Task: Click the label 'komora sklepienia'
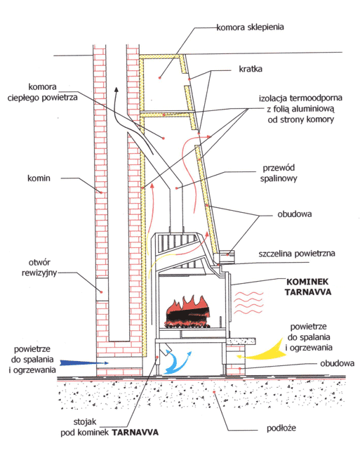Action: click(250, 27)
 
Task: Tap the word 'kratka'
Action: click(251, 69)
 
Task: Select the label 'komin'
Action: click(39, 178)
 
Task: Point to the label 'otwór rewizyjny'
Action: click(39, 268)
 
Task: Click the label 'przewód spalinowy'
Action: click(279, 173)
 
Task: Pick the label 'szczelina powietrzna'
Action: click(297, 254)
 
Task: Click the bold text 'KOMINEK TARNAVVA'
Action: click(308, 287)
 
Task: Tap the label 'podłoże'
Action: click(281, 429)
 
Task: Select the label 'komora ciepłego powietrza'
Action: click(43, 92)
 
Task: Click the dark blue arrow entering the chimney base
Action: click(84, 362)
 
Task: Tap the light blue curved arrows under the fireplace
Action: click(176, 362)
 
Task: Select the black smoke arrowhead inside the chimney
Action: click(116, 89)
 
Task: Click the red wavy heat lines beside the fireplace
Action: click(249, 303)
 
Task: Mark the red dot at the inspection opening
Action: click(102, 292)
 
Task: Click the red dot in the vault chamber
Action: click(160, 78)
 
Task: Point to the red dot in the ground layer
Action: click(214, 392)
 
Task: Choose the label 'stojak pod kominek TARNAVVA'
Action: click(109, 427)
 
